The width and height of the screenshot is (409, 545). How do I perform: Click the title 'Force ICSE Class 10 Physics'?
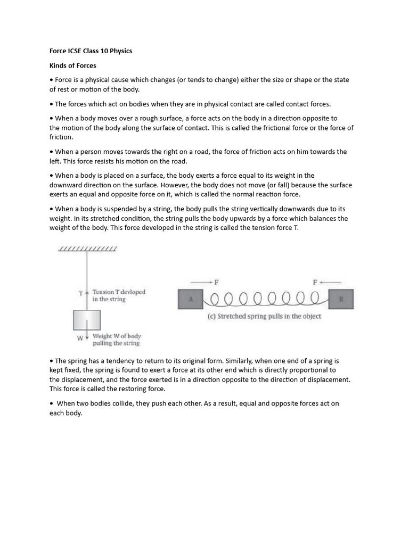click(x=91, y=51)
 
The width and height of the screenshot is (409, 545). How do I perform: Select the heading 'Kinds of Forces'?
click(x=73, y=65)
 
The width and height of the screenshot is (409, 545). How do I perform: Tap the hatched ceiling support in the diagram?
click(x=87, y=249)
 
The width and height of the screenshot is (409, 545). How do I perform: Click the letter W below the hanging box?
click(x=80, y=337)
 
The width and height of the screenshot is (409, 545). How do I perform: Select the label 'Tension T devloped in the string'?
click(x=118, y=295)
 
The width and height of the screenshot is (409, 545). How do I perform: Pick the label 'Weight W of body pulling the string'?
click(x=116, y=340)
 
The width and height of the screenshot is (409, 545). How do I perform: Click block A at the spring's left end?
click(x=190, y=299)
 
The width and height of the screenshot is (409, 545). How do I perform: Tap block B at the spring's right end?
click(x=341, y=299)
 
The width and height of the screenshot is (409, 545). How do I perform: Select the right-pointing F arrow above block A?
click(x=205, y=282)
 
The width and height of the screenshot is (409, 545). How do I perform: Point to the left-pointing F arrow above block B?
click(x=325, y=282)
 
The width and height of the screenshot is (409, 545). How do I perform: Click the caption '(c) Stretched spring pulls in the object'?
click(x=264, y=316)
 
